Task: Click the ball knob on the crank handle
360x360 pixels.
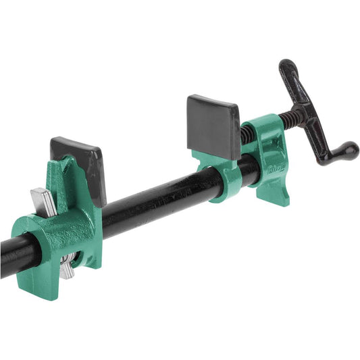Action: click(349, 151)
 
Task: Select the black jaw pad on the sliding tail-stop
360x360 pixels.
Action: click(84, 165)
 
